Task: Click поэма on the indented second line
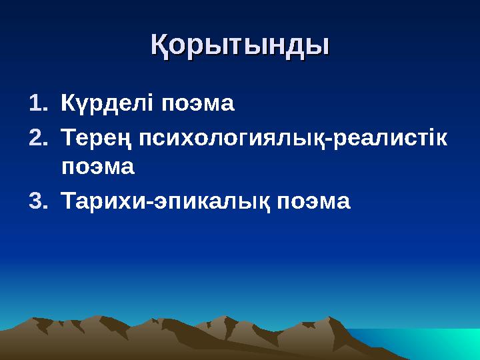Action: [98, 167]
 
